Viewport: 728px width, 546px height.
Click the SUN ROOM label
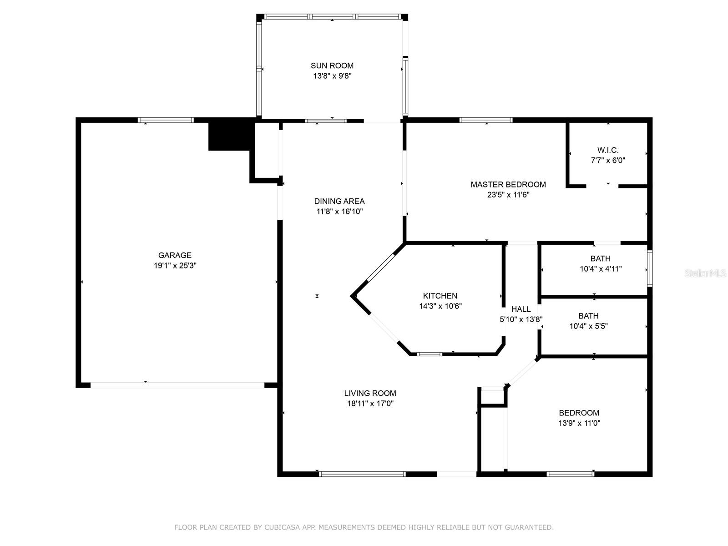click(x=332, y=66)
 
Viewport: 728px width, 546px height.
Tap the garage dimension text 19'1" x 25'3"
click(x=175, y=266)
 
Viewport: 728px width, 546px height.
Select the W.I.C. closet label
click(x=608, y=150)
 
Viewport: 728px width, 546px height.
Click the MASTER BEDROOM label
click(x=508, y=184)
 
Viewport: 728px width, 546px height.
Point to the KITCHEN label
click(x=440, y=296)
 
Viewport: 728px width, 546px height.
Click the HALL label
click(x=521, y=309)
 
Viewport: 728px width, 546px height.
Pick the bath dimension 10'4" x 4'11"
click(x=601, y=269)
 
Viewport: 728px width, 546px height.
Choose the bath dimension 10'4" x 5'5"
click(x=588, y=326)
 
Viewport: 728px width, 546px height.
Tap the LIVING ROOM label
click(x=370, y=393)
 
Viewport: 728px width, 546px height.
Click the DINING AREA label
click(x=339, y=201)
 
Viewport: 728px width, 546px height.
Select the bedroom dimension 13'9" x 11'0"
click(x=579, y=423)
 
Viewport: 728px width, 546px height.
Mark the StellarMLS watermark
click(x=705, y=273)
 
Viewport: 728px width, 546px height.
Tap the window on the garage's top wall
click(x=166, y=120)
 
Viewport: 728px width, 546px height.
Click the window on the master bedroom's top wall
click(x=486, y=120)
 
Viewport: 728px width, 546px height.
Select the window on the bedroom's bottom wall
click(x=570, y=474)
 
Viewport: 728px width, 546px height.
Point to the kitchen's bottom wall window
click(x=430, y=354)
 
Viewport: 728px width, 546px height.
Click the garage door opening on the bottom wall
click(x=177, y=385)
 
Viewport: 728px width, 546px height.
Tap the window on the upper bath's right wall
click(x=650, y=268)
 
